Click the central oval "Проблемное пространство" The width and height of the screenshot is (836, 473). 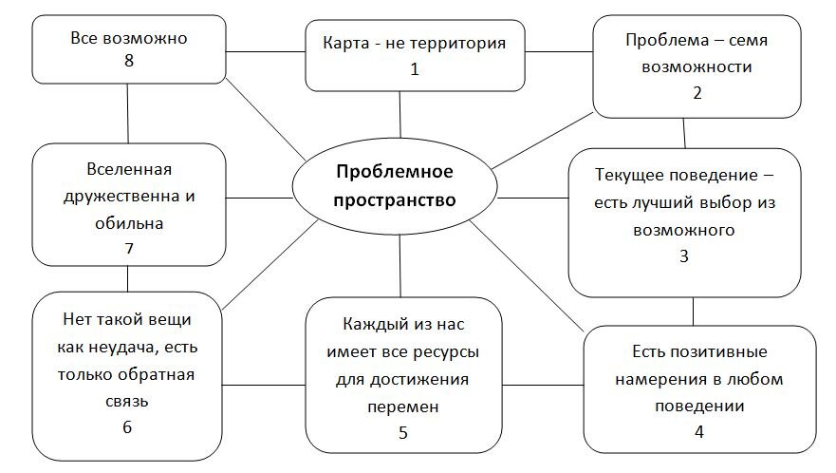point(395,186)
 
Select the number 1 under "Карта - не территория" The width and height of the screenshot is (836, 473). point(414,68)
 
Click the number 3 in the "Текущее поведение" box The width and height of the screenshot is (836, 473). point(682,255)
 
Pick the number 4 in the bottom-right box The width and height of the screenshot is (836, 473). point(698,430)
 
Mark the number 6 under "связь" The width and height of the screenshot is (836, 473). point(126,426)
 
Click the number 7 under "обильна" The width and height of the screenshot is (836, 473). point(126,249)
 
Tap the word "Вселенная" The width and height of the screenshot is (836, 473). point(128,170)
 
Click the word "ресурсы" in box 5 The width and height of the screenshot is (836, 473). point(446,352)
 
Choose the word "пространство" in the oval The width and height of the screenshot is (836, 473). point(395,200)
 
